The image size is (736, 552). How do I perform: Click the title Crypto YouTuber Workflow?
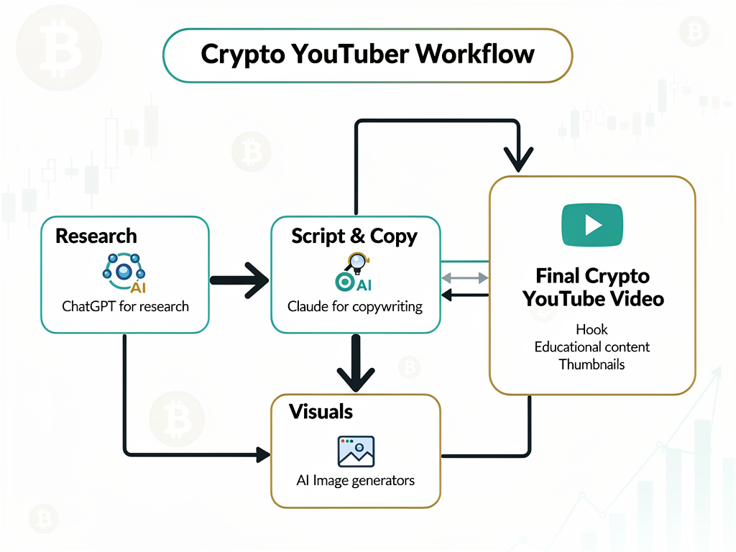tap(367, 54)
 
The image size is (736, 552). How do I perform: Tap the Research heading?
tap(96, 236)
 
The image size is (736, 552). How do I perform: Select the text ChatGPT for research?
tap(125, 306)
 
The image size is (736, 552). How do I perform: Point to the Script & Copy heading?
tap(354, 236)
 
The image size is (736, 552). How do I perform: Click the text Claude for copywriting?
tap(355, 307)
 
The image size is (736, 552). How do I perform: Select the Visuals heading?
tap(321, 412)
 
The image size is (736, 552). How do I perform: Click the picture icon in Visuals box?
tap(356, 451)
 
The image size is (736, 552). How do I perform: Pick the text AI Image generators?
tap(355, 480)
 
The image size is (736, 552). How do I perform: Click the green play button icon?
tap(592, 225)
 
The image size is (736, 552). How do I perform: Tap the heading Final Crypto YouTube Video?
tap(592, 287)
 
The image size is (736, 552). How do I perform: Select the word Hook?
tap(592, 330)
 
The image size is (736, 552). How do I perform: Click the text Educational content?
tap(592, 347)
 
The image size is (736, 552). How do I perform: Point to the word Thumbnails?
tap(592, 364)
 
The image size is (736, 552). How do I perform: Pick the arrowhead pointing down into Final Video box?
tap(519, 157)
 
